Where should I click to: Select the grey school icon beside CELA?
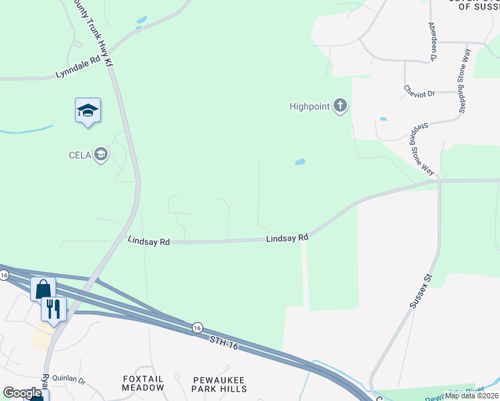pyautogui.click(x=101, y=155)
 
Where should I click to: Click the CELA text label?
pyautogui.click(x=80, y=155)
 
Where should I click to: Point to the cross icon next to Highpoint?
pyautogui.click(x=340, y=105)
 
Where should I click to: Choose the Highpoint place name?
pyautogui.click(x=309, y=106)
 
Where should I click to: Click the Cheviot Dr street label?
pyautogui.click(x=419, y=92)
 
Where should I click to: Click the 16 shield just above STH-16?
pyautogui.click(x=197, y=327)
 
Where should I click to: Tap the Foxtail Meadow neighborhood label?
pyautogui.click(x=143, y=383)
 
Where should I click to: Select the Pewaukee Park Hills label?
pyautogui.click(x=219, y=383)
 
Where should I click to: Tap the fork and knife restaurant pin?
pyautogui.click(x=53, y=309)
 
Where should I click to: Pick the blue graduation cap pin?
pyautogui.click(x=88, y=111)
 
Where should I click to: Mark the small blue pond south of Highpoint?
pyautogui.click(x=300, y=162)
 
